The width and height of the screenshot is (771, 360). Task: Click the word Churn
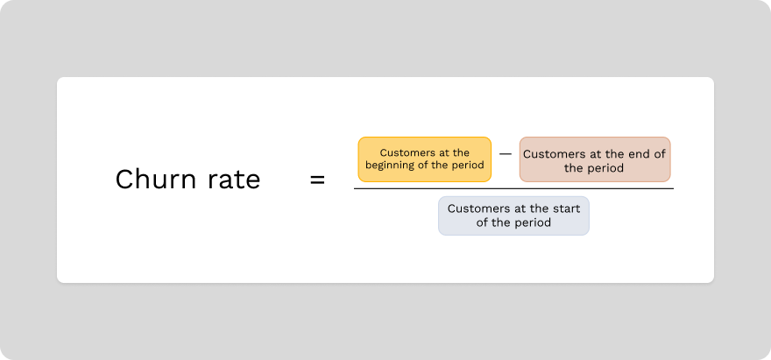click(146, 180)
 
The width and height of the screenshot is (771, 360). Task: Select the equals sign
click(317, 180)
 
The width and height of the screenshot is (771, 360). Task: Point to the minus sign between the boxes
click(506, 153)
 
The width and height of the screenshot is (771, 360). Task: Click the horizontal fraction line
click(513, 188)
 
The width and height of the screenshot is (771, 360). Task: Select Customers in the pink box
click(555, 154)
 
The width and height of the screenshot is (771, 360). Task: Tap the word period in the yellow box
click(467, 166)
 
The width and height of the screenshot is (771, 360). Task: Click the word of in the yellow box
click(429, 166)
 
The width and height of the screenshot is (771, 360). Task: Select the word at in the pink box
click(598, 154)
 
